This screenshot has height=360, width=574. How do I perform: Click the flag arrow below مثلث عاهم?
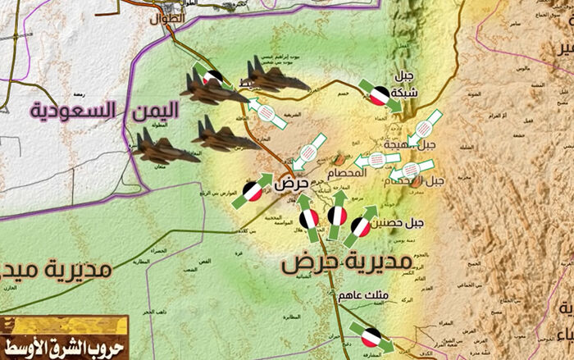[371, 334]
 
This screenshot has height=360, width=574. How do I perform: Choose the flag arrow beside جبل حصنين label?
[361, 225]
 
